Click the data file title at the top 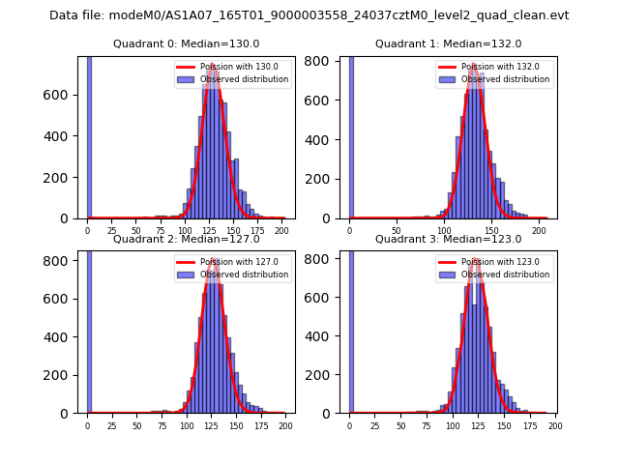coord(309,15)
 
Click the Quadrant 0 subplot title coord(186,43)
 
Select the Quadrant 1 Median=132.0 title coord(448,43)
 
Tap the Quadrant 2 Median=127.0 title coord(186,239)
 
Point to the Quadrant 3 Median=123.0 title coord(448,239)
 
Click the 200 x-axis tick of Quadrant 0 coord(281,232)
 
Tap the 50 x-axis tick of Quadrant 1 coord(397,232)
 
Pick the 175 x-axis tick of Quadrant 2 coord(261,426)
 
